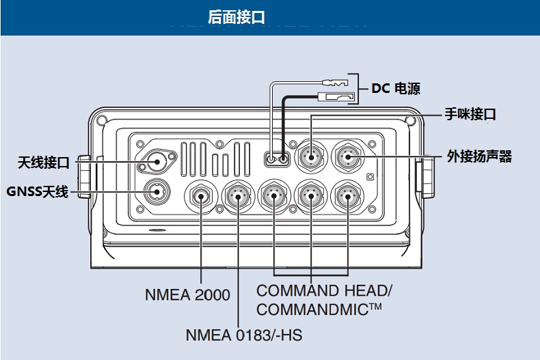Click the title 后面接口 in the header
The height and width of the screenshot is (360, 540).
[236, 16]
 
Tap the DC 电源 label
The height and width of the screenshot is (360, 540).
[396, 88]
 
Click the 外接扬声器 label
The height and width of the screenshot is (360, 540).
[479, 156]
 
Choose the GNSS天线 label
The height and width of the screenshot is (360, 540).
[38, 191]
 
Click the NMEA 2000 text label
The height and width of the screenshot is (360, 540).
[187, 295]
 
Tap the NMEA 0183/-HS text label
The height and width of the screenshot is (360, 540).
[243, 335]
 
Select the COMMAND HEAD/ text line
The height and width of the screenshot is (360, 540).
[325, 290]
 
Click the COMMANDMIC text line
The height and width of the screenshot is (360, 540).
[319, 309]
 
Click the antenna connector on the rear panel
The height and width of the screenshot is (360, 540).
[157, 162]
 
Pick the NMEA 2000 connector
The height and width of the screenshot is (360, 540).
[202, 197]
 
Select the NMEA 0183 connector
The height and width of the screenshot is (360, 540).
[239, 197]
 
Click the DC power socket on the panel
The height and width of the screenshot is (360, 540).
[277, 159]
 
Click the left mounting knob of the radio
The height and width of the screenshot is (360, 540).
[84, 176]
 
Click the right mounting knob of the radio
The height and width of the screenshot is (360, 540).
[424, 176]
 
